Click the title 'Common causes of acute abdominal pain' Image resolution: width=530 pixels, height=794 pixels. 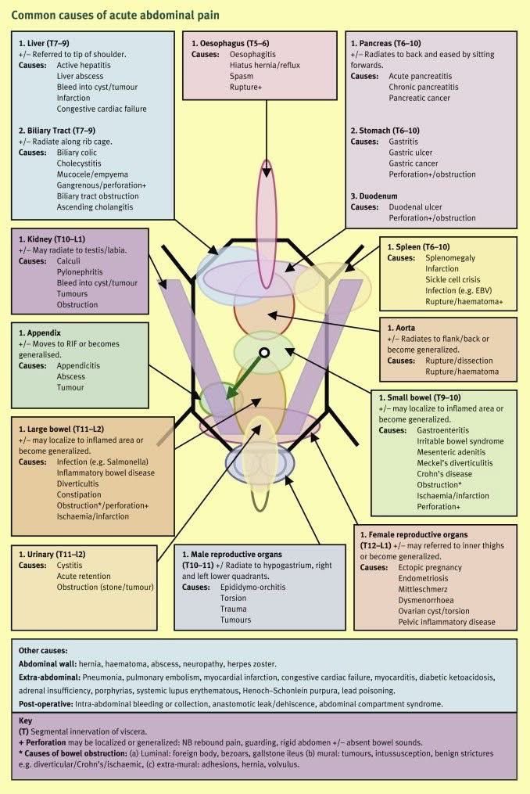tap(115, 15)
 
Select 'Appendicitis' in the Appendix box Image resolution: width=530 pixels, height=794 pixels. tap(81, 365)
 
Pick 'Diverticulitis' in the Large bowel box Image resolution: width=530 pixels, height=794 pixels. tap(84, 484)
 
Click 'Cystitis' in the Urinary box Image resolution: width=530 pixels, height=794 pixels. tap(70, 565)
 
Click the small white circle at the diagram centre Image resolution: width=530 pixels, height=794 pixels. tap(264, 354)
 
